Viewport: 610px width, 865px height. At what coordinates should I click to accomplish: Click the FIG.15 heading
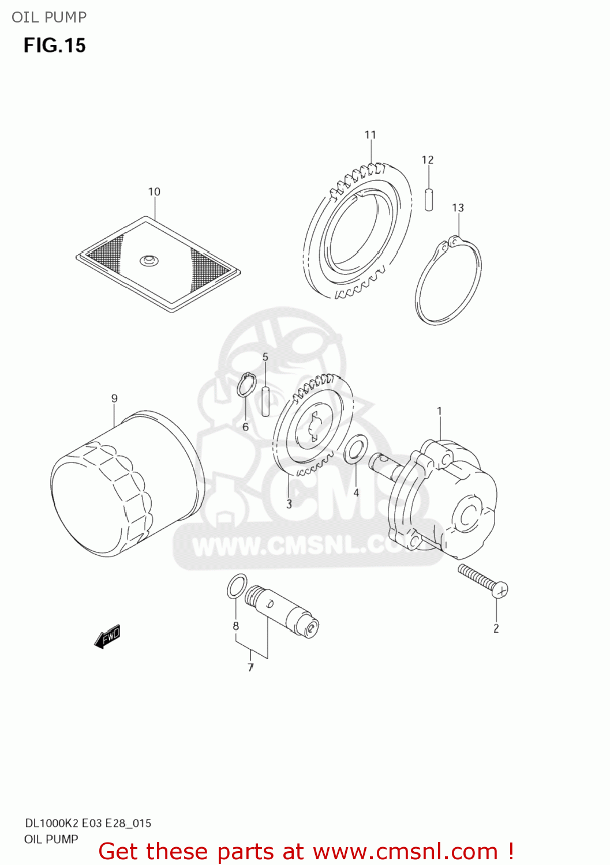coord(54,46)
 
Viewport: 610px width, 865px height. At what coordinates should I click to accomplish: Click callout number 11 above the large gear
coord(370,135)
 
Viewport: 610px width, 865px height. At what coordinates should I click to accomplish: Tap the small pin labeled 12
coord(428,199)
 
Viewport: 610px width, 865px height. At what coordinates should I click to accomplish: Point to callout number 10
coord(154,191)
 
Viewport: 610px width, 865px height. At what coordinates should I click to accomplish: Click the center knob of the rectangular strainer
coord(148,261)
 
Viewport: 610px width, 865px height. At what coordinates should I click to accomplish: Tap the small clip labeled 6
coord(246,385)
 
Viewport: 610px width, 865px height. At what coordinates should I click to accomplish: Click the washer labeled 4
coord(355,449)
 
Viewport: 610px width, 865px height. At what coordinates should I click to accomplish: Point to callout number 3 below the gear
coord(289,504)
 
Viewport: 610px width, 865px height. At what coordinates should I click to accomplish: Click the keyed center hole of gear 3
coord(312,427)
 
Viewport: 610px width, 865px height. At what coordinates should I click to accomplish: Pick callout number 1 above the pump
coord(439,411)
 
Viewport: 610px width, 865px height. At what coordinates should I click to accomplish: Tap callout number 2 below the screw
coord(496,629)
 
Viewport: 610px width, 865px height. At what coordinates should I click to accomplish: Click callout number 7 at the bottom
coord(250,667)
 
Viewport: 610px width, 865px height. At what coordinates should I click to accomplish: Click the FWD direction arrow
coord(108,637)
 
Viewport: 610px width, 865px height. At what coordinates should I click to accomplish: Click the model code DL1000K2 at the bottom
coord(52,823)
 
